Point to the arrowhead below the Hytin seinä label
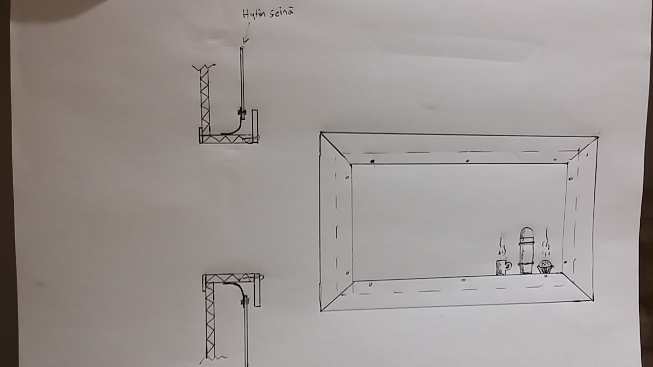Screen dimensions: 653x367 pyautogui.click(x=245, y=41)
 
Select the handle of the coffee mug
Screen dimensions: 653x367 pyautogui.click(x=509, y=266)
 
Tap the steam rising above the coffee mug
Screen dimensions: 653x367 pyautogui.click(x=502, y=246)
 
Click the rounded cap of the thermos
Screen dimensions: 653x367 pyautogui.click(x=526, y=234)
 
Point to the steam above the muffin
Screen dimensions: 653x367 pyautogui.click(x=546, y=244)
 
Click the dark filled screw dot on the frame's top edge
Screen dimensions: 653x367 pyautogui.click(x=372, y=161)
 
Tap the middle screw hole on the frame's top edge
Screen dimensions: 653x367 pyautogui.click(x=468, y=161)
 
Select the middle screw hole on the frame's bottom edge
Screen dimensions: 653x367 pyautogui.click(x=464, y=280)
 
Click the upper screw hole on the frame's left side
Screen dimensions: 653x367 pyautogui.click(x=347, y=177)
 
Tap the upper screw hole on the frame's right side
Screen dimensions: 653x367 pyautogui.click(x=570, y=179)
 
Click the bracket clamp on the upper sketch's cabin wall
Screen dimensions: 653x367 pyautogui.click(x=242, y=112)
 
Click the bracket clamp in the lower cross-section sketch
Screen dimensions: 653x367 pyautogui.click(x=245, y=301)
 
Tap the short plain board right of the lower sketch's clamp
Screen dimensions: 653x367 pyautogui.click(x=257, y=290)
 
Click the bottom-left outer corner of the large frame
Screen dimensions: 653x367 pyautogui.click(x=321, y=311)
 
